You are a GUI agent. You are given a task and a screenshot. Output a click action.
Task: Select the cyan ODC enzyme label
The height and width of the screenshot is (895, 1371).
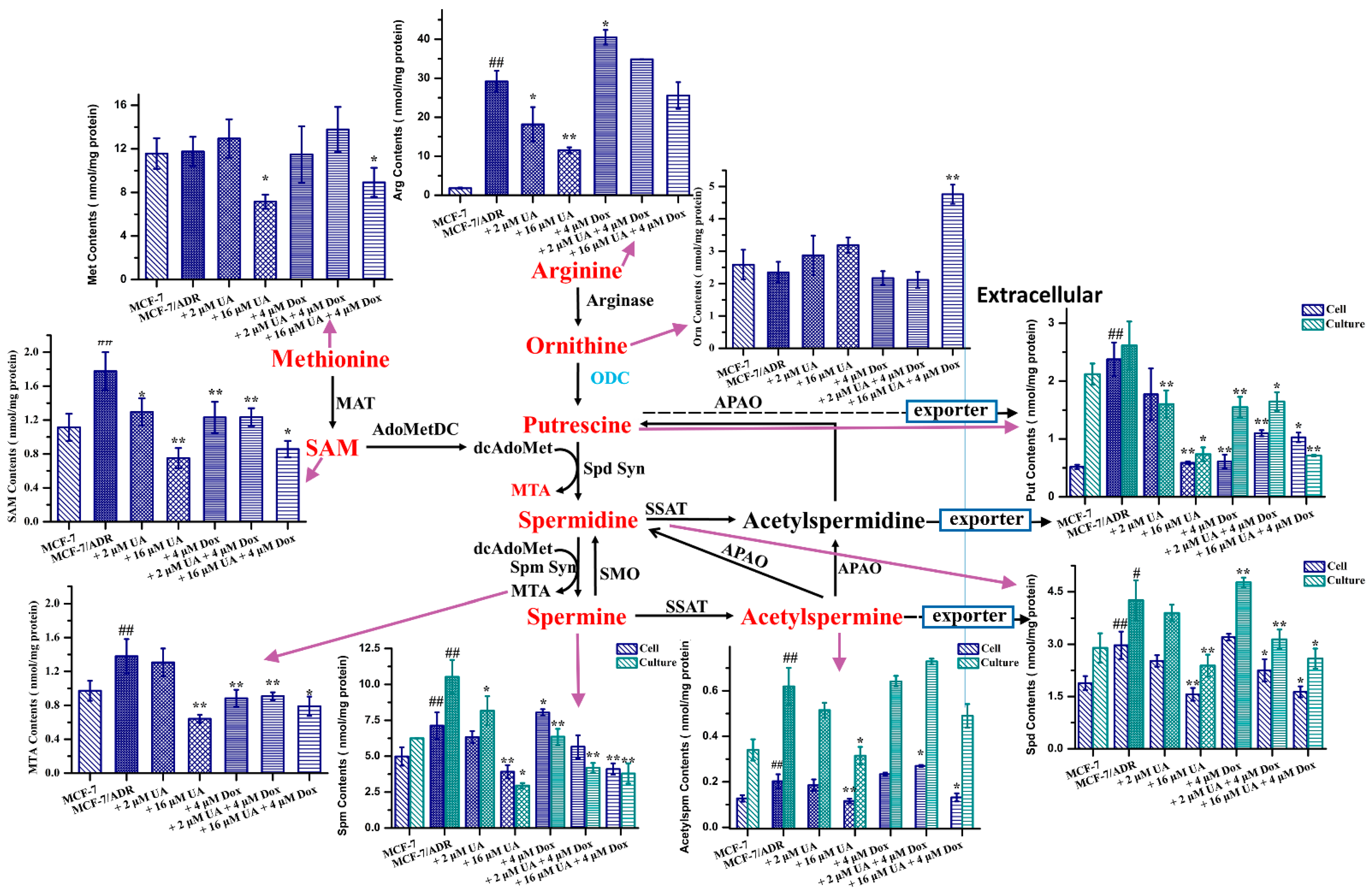(x=609, y=378)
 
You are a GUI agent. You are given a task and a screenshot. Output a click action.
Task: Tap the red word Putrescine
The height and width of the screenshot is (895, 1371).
(x=577, y=425)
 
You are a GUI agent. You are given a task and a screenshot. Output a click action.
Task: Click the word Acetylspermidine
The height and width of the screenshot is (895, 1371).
(x=834, y=520)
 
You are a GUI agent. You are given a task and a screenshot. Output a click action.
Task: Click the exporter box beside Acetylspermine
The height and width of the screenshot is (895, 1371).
(x=968, y=616)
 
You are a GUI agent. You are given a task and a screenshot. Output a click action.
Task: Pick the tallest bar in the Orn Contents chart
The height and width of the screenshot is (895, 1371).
(x=952, y=271)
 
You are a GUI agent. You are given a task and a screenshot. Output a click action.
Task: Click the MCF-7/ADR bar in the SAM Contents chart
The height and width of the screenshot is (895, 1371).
(x=105, y=447)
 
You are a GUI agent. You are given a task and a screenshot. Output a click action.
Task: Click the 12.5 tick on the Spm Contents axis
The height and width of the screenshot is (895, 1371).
(x=369, y=648)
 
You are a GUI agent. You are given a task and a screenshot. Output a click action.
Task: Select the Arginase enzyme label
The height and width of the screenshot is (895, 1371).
(x=620, y=300)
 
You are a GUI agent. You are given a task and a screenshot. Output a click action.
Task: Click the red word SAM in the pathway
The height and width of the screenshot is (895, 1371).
(x=332, y=448)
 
